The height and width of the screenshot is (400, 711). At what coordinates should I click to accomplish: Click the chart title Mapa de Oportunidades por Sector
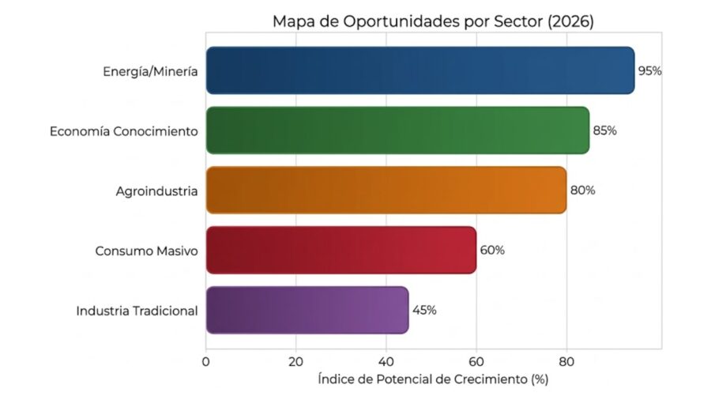point(433,21)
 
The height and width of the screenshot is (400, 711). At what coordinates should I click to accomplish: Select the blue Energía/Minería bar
point(419,70)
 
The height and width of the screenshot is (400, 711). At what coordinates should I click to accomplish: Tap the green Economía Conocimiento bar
point(397,130)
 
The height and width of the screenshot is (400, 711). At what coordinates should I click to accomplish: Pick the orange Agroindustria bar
point(386,190)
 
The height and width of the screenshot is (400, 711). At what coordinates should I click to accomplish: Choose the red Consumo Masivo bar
point(340,250)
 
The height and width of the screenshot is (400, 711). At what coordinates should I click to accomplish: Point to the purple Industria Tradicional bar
point(307,310)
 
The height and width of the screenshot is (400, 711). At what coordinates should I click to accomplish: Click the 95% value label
point(649,70)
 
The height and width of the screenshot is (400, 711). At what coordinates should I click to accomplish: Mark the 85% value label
point(604,130)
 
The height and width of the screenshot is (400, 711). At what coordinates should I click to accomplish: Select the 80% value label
point(582,191)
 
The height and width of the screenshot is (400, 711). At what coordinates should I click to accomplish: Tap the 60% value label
point(492,251)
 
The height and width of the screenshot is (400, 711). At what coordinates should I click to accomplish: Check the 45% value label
point(424,310)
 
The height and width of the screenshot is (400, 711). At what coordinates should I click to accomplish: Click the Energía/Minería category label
point(149,71)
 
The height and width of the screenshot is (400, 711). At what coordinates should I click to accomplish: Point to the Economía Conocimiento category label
point(123,131)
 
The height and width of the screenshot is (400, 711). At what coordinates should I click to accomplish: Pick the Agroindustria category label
point(156,191)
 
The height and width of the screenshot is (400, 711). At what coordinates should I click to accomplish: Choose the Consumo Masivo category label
point(146,251)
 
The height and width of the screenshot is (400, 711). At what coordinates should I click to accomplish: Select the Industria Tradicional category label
point(137,311)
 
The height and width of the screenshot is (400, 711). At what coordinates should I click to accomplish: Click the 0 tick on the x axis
point(206,362)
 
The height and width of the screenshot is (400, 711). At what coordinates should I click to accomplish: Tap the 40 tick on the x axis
point(386,362)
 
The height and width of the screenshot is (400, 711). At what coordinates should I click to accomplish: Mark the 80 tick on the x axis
point(566,362)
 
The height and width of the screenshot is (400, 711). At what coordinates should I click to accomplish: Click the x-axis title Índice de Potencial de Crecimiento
point(433,380)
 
